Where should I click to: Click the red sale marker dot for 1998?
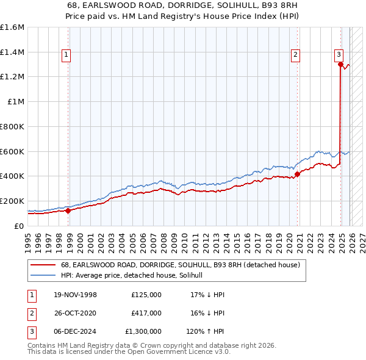[x=68, y=211]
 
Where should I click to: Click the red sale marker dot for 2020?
[x=297, y=174]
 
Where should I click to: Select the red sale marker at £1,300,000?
[x=340, y=64]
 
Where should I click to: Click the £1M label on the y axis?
[x=16, y=102]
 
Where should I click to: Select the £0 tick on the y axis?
[x=20, y=226]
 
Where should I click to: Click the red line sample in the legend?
[x=44, y=265]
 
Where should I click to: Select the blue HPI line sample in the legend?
[x=44, y=276]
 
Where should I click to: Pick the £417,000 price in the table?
[x=146, y=312]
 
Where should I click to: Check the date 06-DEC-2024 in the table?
[x=74, y=331]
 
